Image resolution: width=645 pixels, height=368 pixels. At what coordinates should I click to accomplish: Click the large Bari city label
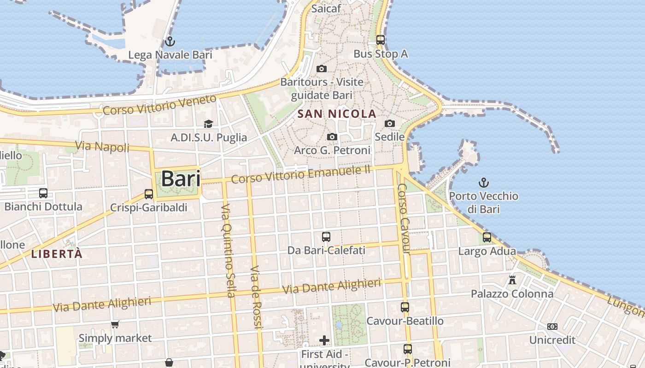click(x=181, y=179)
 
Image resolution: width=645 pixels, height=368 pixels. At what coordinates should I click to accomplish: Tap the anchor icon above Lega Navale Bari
click(x=170, y=41)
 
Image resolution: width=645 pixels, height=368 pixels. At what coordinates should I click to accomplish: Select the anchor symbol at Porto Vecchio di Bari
click(x=483, y=183)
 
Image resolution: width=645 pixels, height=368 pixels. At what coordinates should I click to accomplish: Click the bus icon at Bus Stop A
click(x=380, y=40)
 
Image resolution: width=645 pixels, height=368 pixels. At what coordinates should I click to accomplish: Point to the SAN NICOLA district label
click(x=337, y=114)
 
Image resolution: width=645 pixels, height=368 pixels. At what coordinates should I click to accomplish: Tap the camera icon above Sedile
click(x=390, y=123)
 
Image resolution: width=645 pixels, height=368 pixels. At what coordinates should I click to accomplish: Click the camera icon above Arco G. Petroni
click(x=332, y=137)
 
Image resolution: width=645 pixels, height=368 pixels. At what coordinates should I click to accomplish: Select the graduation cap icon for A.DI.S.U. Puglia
click(x=209, y=124)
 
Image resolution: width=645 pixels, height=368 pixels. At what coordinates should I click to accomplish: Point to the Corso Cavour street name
click(x=403, y=218)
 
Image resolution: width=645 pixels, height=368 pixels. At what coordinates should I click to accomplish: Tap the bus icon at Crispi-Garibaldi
click(x=148, y=194)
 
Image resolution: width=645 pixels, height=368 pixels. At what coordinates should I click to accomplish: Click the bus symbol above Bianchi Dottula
click(x=43, y=193)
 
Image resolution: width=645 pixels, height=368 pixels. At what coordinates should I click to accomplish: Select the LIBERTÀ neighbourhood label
click(x=57, y=254)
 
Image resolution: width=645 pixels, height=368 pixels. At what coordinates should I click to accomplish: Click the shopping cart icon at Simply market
click(x=115, y=325)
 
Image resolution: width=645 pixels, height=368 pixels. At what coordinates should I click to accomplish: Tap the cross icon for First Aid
click(x=324, y=340)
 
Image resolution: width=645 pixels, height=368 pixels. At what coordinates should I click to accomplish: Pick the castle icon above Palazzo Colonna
click(x=512, y=280)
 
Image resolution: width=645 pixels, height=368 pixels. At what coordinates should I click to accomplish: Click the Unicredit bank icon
click(x=552, y=327)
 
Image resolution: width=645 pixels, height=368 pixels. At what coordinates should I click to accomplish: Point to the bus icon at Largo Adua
click(x=487, y=238)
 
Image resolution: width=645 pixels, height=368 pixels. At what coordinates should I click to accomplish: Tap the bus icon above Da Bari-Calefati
click(x=326, y=237)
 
